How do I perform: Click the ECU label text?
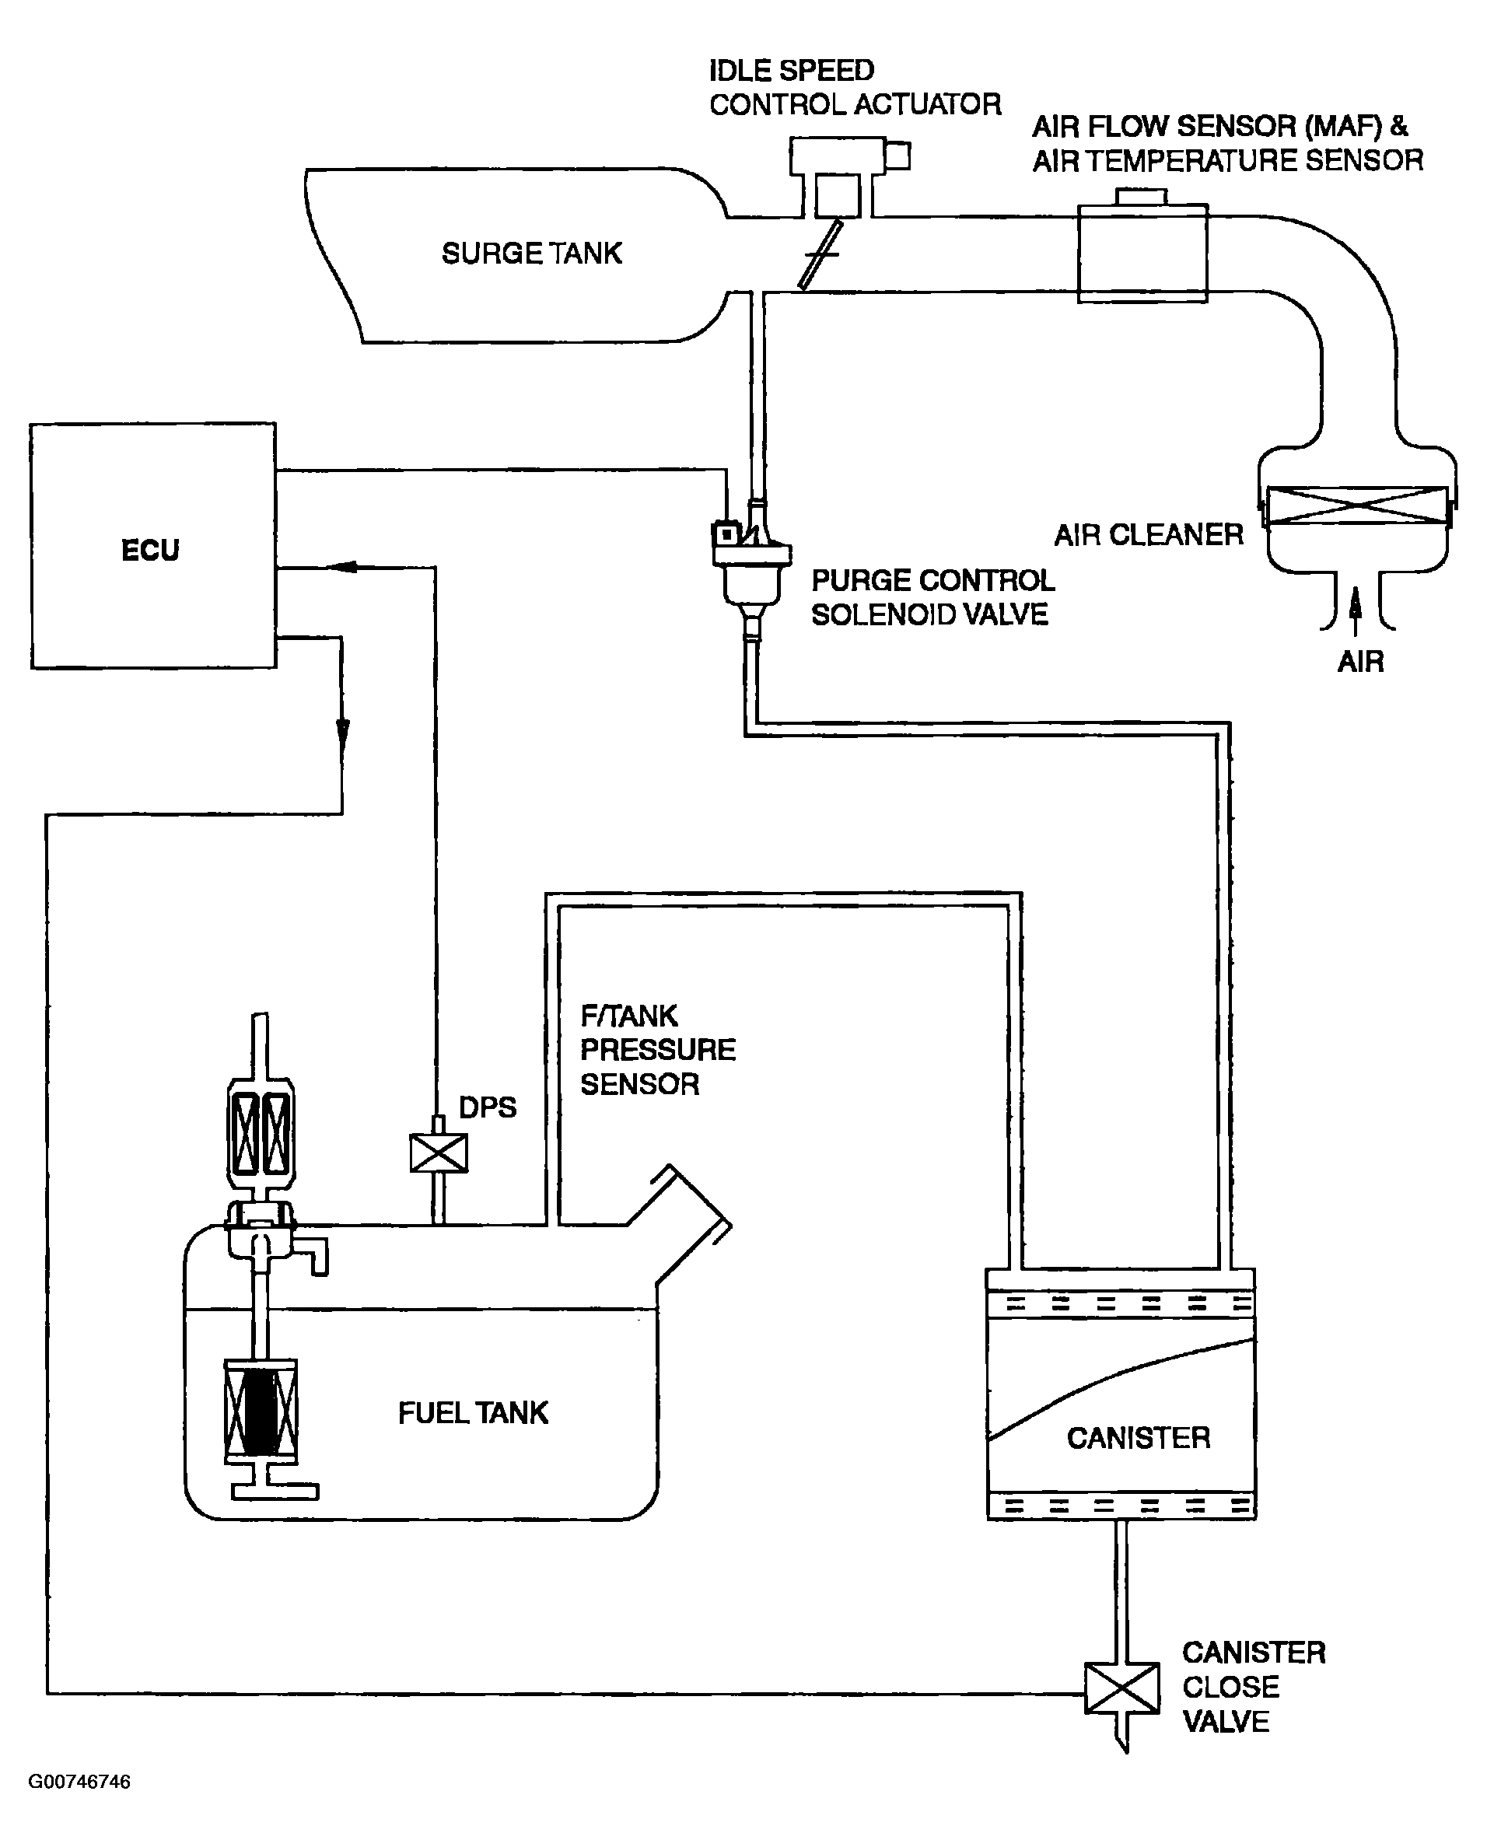[151, 550]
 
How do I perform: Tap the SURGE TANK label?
[532, 254]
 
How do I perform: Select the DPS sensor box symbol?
[439, 1153]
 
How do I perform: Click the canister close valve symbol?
[1122, 1688]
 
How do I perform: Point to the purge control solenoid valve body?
[751, 570]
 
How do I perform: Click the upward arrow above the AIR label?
[1355, 612]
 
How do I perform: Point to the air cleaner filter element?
[1357, 505]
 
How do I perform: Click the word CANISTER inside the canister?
[1139, 1437]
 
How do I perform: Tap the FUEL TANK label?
[473, 1413]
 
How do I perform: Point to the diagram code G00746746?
[79, 1782]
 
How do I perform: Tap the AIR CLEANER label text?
[1149, 535]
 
